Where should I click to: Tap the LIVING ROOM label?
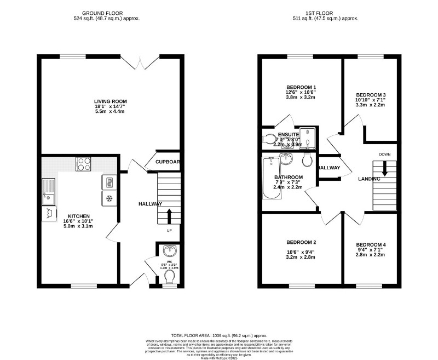pyautogui.click(x=110, y=101)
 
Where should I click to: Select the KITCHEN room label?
pyautogui.click(x=79, y=216)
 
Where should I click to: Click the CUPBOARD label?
pyautogui.click(x=168, y=162)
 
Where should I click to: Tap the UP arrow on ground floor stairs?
pyautogui.click(x=169, y=215)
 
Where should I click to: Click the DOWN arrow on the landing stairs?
pyautogui.click(x=384, y=168)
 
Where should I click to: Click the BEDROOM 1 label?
pyautogui.click(x=301, y=88)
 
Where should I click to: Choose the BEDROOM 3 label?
pyautogui.click(x=371, y=94)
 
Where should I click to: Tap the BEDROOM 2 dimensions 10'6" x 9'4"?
pyautogui.click(x=301, y=253)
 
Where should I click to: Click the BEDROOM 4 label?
pyautogui.click(x=371, y=244)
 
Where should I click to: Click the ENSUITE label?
pyautogui.click(x=289, y=134)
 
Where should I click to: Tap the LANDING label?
pyautogui.click(x=370, y=179)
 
